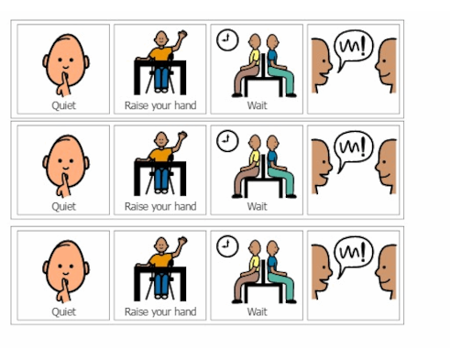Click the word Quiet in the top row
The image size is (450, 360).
click(63, 105)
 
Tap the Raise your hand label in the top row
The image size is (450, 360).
click(160, 105)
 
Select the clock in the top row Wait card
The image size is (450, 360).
click(225, 39)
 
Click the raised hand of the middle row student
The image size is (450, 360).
click(182, 136)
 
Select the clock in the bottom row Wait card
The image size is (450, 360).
click(225, 245)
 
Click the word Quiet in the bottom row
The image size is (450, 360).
click(63, 311)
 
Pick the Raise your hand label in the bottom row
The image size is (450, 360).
click(160, 311)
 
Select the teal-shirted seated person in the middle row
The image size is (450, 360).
click(274, 165)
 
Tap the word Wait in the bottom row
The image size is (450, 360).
click(258, 311)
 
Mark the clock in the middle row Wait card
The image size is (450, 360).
click(225, 140)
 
